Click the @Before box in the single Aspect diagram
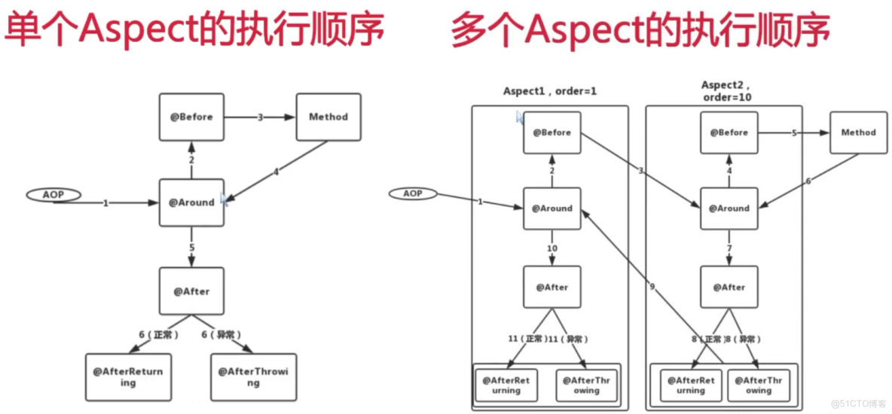[191, 117]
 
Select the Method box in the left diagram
[328, 117]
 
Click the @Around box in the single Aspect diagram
[191, 202]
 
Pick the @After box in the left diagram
[191, 291]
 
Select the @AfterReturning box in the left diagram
[128, 377]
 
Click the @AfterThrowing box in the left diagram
[253, 377]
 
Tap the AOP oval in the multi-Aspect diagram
[413, 193]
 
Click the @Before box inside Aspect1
[552, 132]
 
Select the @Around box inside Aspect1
[552, 209]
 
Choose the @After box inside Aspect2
[729, 287]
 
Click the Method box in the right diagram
[858, 132]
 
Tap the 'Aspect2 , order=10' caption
[726, 91]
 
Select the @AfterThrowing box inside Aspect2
[759, 385]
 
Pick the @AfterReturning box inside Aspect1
[506, 385]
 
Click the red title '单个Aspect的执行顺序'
[194, 30]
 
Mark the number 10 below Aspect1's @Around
[552, 248]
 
